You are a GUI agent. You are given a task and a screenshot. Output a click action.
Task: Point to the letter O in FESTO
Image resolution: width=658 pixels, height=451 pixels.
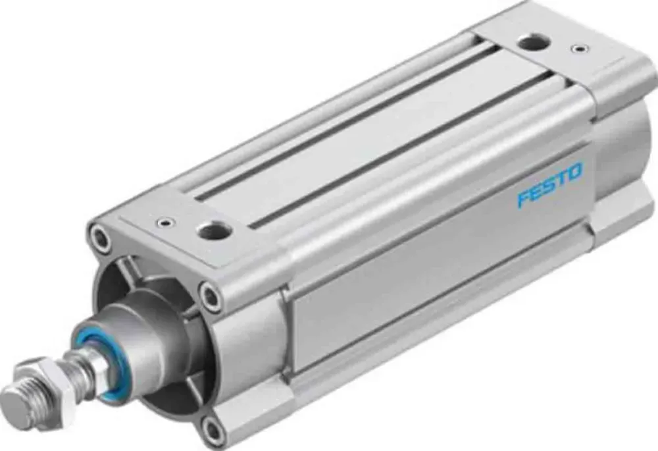(575, 173)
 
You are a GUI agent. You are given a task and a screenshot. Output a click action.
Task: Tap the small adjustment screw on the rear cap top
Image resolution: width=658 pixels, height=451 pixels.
(579, 48)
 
